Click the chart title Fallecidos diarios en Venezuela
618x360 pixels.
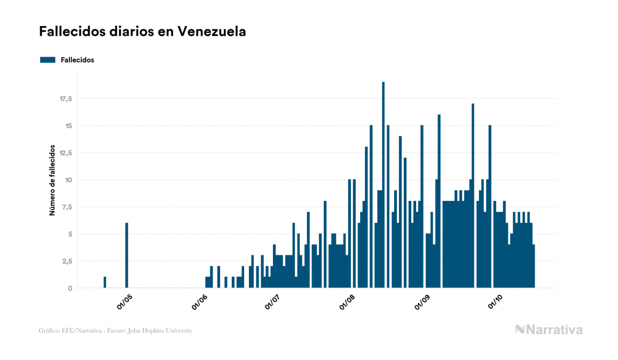pyautogui.click(x=142, y=32)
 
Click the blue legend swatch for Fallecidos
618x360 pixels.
pyautogui.click(x=48, y=60)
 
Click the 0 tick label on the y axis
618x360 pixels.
pyautogui.click(x=70, y=288)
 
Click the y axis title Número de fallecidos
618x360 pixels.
pyautogui.click(x=52, y=179)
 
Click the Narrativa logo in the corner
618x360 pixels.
pyautogui.click(x=549, y=330)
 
